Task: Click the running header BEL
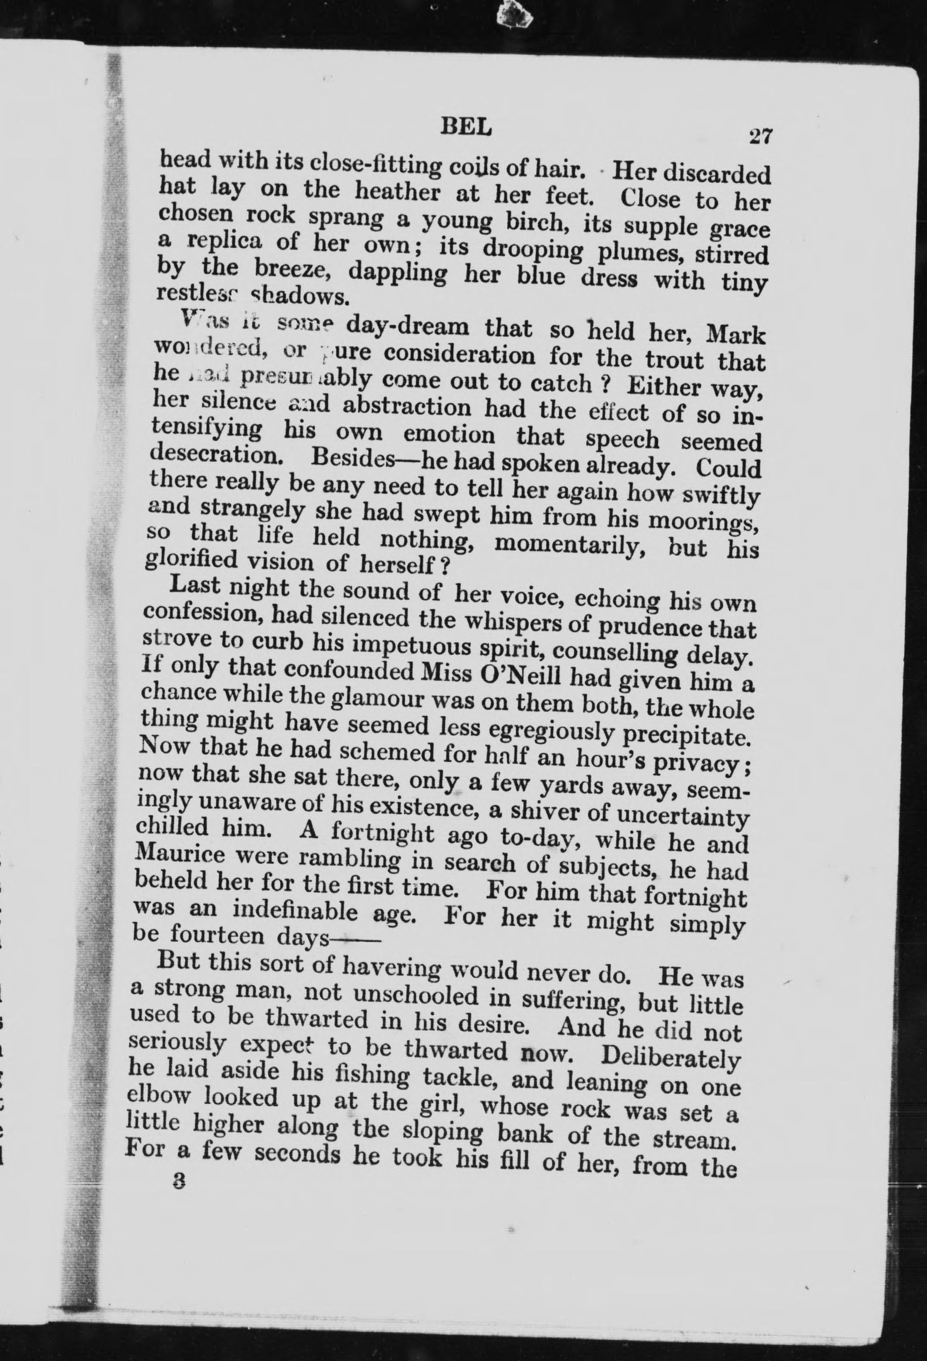click(465, 128)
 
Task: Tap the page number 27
click(761, 136)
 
